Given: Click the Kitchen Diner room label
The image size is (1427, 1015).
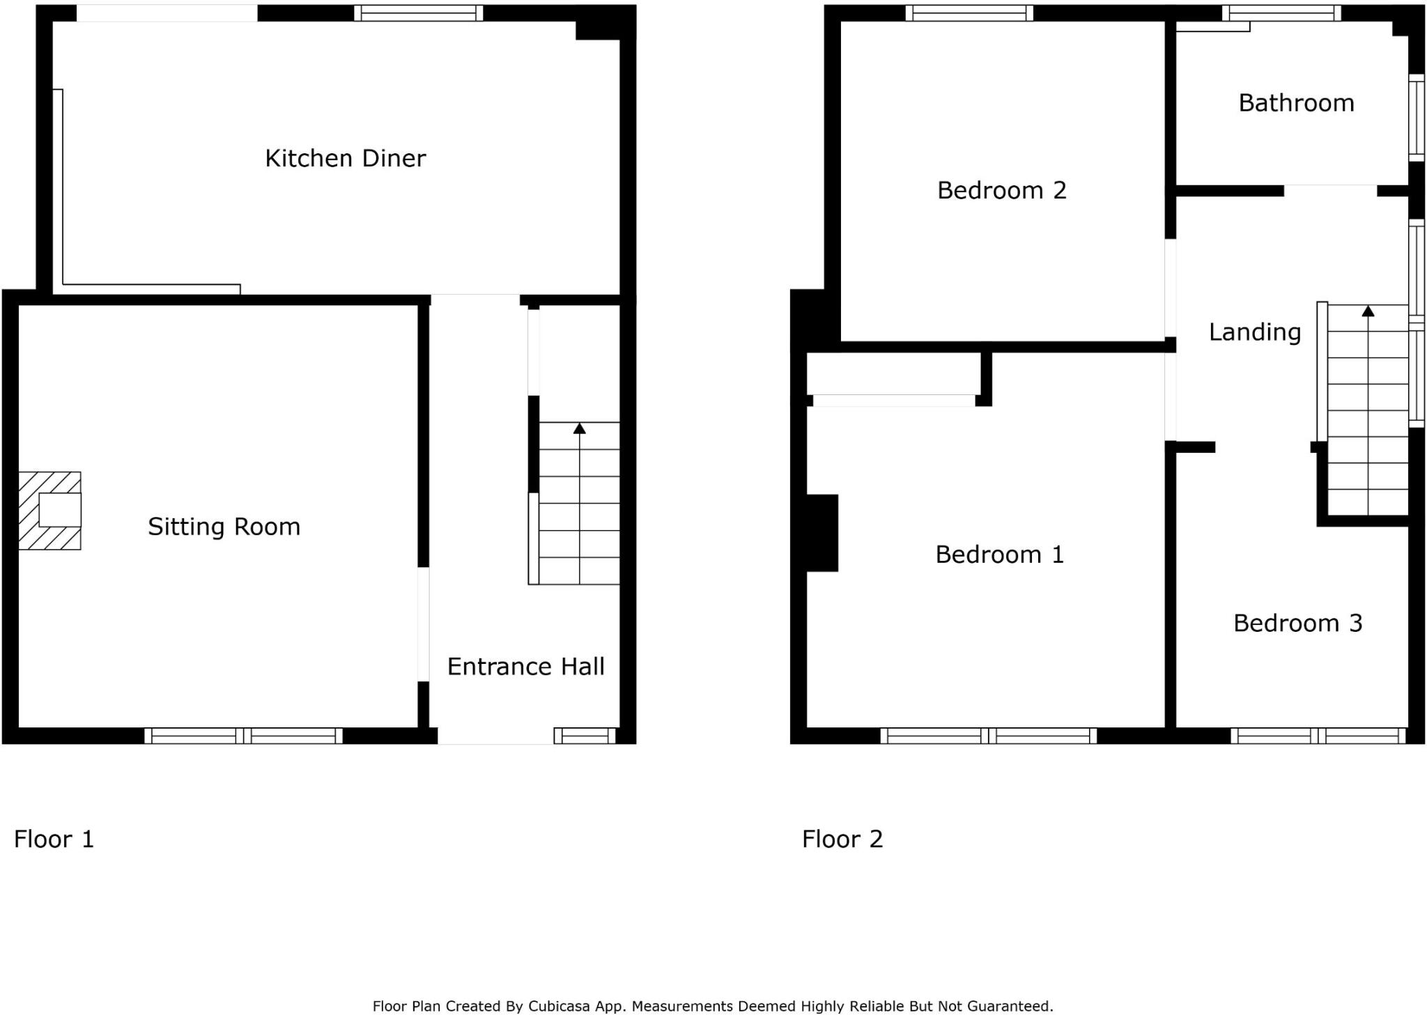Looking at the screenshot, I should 345,159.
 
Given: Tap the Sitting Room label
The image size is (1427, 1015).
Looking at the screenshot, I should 224,527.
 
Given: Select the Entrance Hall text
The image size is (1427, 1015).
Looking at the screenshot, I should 525,667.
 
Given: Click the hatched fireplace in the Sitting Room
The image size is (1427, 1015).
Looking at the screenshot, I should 49,511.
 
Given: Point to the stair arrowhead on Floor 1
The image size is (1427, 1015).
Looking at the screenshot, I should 579,428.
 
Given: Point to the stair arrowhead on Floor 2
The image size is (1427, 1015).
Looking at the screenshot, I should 1368,311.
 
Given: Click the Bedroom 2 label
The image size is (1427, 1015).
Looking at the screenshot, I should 1001,190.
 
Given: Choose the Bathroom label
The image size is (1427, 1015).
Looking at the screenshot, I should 1296,103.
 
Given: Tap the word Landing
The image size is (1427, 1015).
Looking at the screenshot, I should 1254,332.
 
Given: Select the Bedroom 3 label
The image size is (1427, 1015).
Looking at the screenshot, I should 1297,623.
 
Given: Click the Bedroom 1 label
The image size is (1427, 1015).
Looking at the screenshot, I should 999,555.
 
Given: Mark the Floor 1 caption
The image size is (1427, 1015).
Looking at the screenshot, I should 54,839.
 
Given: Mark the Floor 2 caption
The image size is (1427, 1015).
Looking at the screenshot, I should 842,839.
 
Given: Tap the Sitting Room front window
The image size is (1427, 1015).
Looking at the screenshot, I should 243,736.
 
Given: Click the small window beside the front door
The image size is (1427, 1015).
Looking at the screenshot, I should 585,736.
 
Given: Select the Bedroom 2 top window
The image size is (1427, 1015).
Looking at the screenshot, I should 969,13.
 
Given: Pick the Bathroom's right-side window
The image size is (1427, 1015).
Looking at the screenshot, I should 1417,117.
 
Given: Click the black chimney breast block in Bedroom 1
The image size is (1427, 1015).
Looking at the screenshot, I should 822,533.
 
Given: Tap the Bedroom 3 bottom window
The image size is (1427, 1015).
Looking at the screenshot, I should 1318,736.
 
